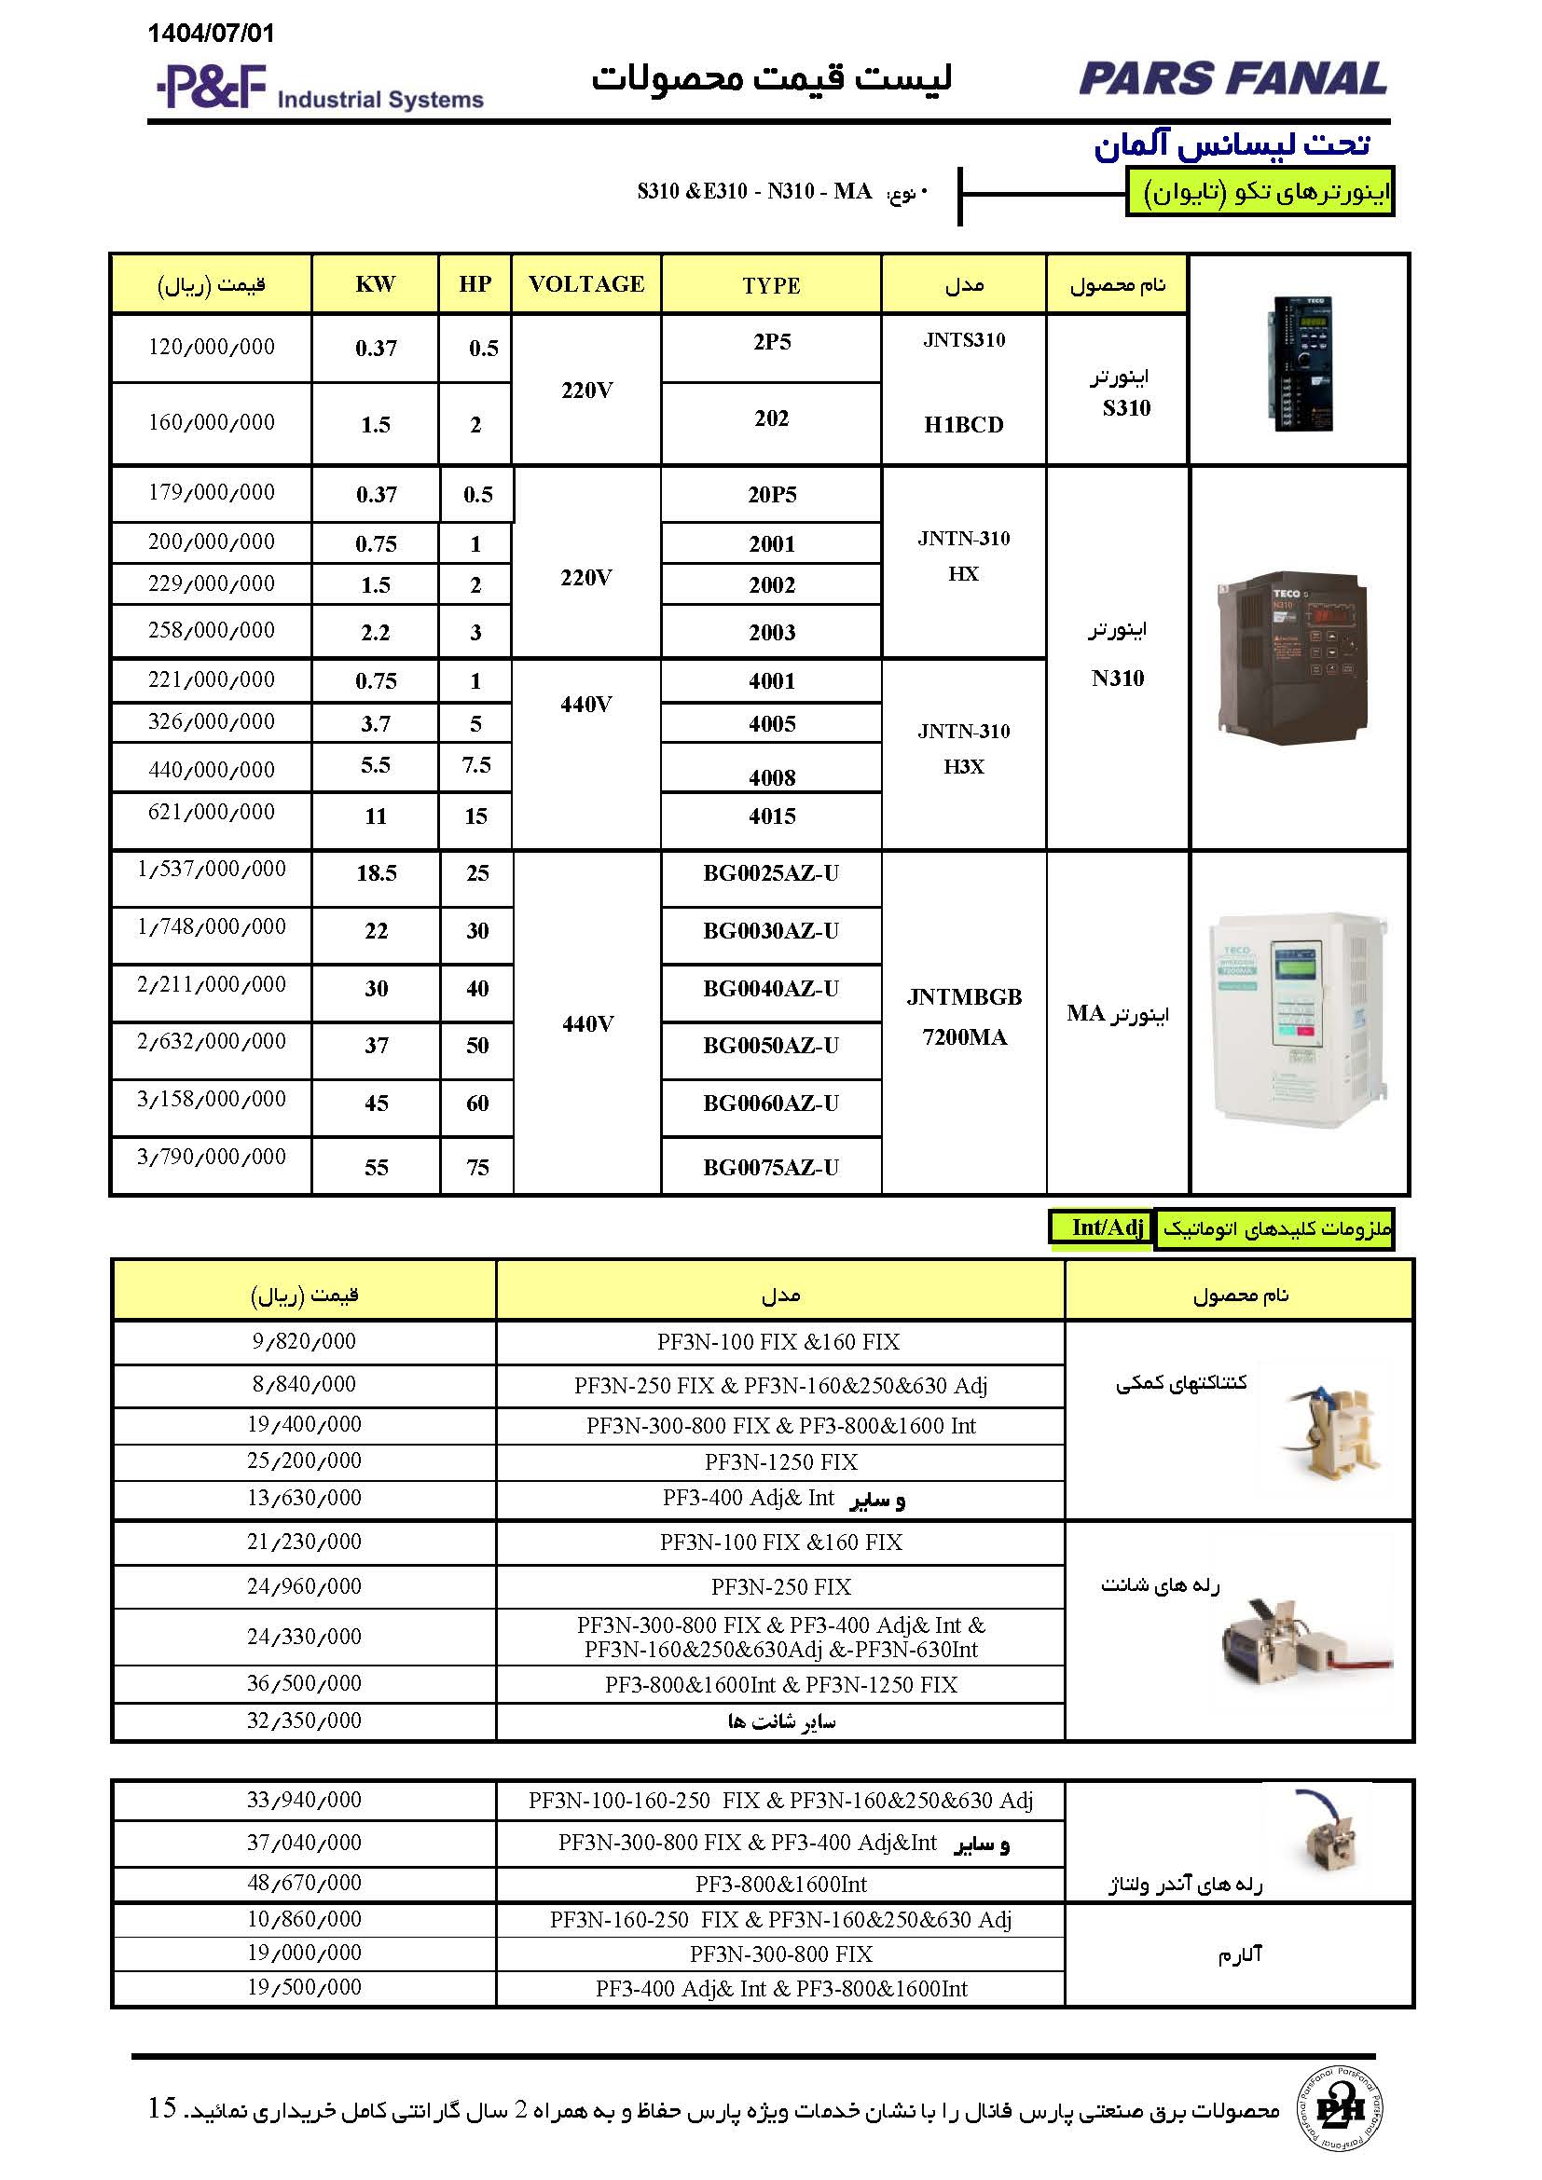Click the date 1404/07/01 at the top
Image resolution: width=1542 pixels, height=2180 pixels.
pyautogui.click(x=211, y=34)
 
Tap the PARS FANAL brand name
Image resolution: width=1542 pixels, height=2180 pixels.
pyautogui.click(x=1232, y=78)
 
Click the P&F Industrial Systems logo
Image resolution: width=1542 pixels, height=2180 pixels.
pyautogui.click(x=319, y=89)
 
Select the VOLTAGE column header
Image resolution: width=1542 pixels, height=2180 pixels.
pyautogui.click(x=585, y=284)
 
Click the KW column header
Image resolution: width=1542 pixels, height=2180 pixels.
pyautogui.click(x=375, y=284)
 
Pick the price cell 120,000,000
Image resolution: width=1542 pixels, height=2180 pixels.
pyautogui.click(x=211, y=348)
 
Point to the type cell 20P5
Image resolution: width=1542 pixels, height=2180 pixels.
pyautogui.click(x=771, y=495)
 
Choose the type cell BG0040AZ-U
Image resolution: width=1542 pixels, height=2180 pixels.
pyautogui.click(x=771, y=990)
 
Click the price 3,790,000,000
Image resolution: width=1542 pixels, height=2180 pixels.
pyautogui.click(x=211, y=1157)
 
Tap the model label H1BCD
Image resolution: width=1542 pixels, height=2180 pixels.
pyautogui.click(x=964, y=424)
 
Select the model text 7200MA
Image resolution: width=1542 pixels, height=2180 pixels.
pyautogui.click(x=964, y=1037)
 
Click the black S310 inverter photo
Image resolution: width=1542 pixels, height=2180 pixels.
pyautogui.click(x=1300, y=362)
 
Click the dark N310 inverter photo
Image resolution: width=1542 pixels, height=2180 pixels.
pyautogui.click(x=1292, y=657)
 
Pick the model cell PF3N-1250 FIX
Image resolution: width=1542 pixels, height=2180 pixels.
pyautogui.click(x=780, y=1462)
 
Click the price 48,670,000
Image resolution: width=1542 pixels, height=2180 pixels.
pyautogui.click(x=304, y=1883)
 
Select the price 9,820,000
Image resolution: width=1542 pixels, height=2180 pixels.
pyautogui.click(x=304, y=1341)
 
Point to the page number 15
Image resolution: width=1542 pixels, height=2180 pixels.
pyautogui.click(x=162, y=2108)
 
